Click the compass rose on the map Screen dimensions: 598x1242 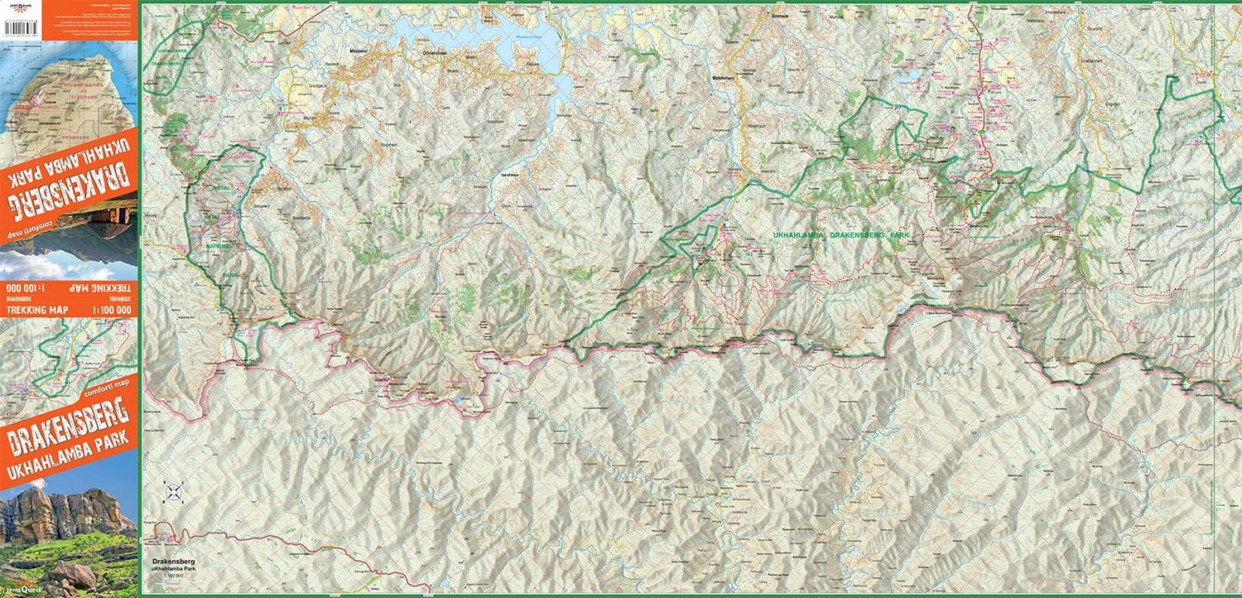(173, 493)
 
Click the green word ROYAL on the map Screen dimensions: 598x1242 (222, 189)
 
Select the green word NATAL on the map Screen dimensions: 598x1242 (222, 217)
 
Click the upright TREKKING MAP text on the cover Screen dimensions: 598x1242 (34, 310)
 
